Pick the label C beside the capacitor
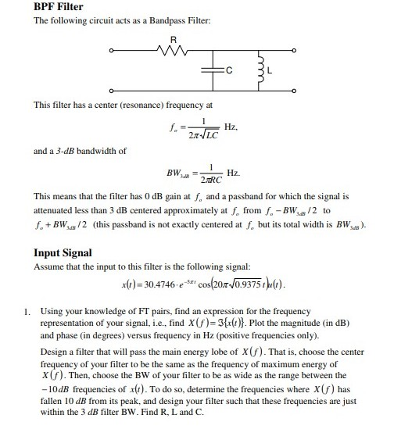(x=228, y=73)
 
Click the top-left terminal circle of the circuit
(x=111, y=53)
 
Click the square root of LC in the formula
(x=199, y=135)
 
